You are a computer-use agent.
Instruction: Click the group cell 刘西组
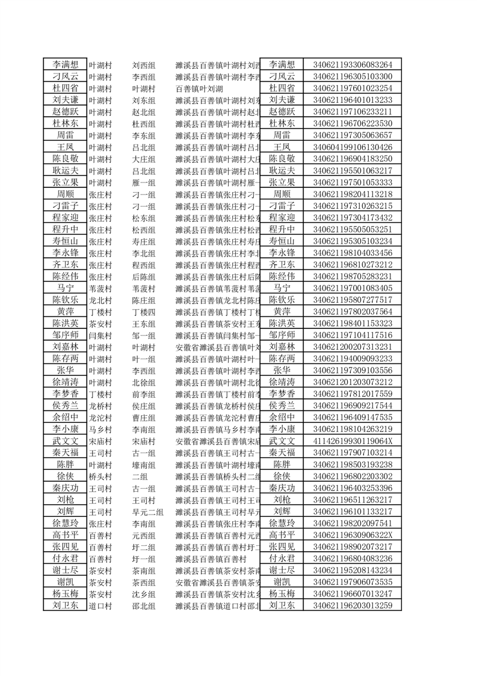(x=144, y=64)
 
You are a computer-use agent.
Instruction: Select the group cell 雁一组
(x=144, y=183)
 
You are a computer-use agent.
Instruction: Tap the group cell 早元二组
(x=147, y=512)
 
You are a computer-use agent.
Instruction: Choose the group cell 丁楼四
(x=144, y=311)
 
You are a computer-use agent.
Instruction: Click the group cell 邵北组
(x=144, y=606)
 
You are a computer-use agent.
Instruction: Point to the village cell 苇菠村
(x=100, y=288)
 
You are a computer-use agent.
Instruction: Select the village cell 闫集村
(x=100, y=335)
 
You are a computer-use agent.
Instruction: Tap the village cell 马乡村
(x=100, y=429)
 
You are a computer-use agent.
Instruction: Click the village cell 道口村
(x=100, y=606)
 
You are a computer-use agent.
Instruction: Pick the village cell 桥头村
(x=100, y=476)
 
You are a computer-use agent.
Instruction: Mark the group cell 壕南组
(x=144, y=465)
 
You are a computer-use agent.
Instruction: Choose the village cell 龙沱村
(x=100, y=418)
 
